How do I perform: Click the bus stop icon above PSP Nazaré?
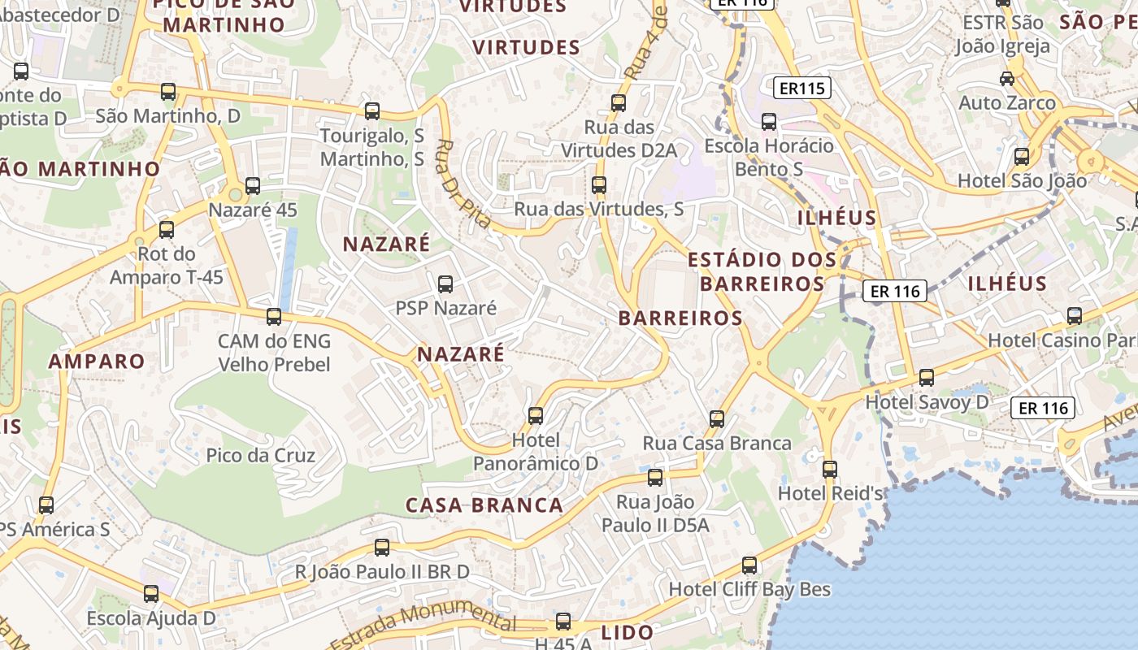coord(445,284)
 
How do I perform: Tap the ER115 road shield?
coord(801,88)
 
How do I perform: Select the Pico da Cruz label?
coord(260,455)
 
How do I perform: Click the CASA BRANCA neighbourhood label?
coord(484,505)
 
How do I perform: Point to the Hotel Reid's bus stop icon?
coord(829,470)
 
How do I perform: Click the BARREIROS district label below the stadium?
coord(680,318)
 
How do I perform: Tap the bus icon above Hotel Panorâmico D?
coord(536,416)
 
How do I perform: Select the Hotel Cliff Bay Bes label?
coord(749,589)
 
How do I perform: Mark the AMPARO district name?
coord(97,362)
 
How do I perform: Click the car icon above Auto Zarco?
coord(1007,79)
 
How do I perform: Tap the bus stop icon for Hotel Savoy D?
coord(926,378)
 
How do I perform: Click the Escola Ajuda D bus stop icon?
coord(151,594)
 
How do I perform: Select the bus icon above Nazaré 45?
coord(253,186)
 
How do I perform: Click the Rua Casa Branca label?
coord(717,443)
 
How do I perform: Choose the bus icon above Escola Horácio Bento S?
coord(768,122)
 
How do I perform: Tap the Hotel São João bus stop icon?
coord(1022,157)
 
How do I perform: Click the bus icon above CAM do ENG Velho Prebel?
coord(274,317)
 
